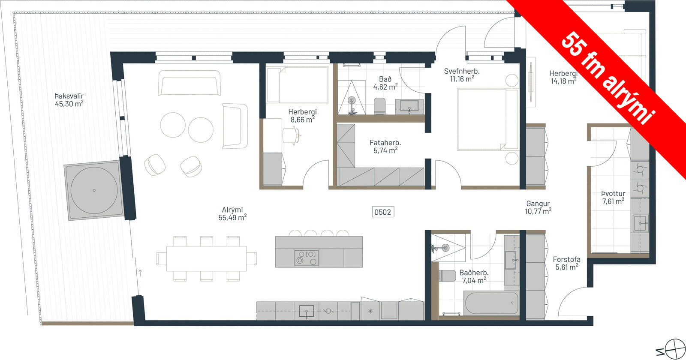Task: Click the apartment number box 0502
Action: (x=383, y=212)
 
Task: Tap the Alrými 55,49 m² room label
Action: (x=232, y=214)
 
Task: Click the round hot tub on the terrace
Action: (x=94, y=190)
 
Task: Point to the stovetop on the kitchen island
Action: (x=306, y=258)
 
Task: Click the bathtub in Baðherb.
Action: (x=491, y=303)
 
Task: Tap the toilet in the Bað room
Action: (x=380, y=106)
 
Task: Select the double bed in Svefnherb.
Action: (x=487, y=120)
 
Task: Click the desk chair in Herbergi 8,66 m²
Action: (x=291, y=135)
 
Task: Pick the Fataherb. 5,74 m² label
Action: (x=385, y=146)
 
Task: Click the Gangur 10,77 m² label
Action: (x=538, y=207)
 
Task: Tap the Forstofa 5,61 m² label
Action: (x=566, y=263)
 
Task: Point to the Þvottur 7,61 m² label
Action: (x=613, y=198)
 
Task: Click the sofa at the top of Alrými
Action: (x=189, y=83)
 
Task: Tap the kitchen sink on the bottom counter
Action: (x=306, y=311)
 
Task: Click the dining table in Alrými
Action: (x=206, y=259)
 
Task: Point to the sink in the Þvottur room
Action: (x=641, y=223)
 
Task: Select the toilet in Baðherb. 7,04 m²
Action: (x=448, y=276)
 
